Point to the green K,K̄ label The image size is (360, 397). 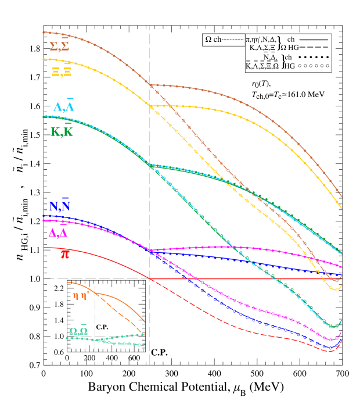(62, 131)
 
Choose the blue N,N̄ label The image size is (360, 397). (59, 205)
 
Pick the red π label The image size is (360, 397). (65, 254)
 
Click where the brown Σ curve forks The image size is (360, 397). (150, 85)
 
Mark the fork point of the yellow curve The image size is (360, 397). (150, 106)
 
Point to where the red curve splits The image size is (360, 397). (151, 279)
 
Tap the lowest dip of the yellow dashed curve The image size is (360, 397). (336, 289)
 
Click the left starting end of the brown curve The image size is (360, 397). (44, 33)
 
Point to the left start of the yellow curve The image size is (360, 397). (44, 59)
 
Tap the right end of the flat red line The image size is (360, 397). (341, 279)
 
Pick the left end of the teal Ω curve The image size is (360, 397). (67, 338)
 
